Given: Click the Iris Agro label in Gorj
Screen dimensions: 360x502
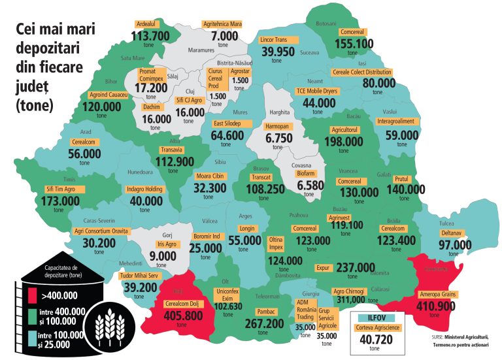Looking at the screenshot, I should (x=167, y=244).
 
